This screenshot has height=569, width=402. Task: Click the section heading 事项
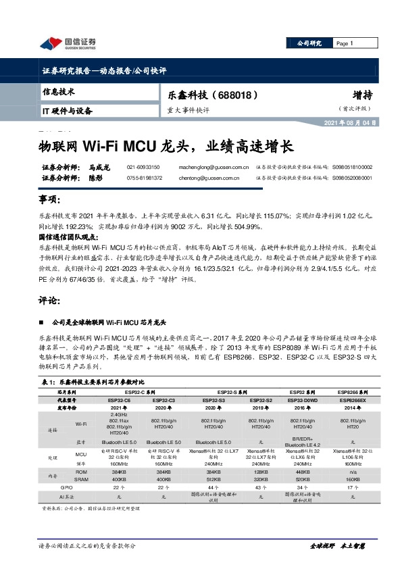(50, 200)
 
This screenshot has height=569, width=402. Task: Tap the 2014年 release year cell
(348, 408)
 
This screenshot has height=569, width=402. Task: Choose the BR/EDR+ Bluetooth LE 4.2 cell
(301, 443)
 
